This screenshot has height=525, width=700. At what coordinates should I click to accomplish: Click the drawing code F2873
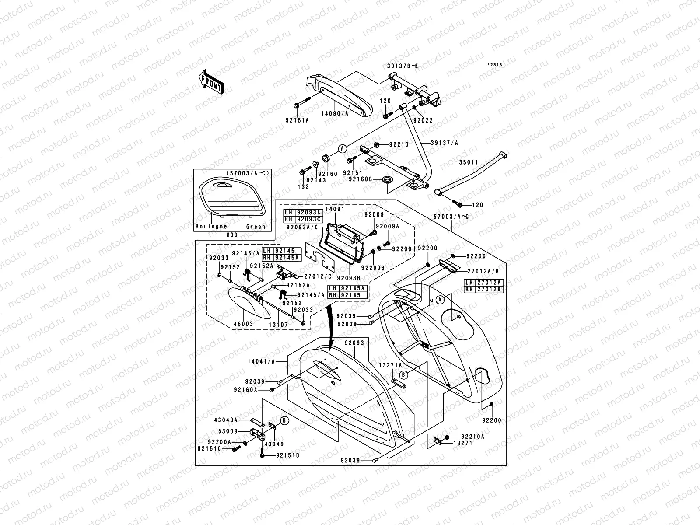pos(495,65)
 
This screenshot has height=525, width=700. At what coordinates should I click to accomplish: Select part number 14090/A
pos(335,114)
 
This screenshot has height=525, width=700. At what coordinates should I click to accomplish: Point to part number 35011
pos(469,162)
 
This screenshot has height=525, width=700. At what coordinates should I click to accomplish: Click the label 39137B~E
pos(402,66)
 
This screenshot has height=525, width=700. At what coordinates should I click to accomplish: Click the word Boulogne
pos(211,226)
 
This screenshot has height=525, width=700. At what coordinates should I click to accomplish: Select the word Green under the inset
pos(256,227)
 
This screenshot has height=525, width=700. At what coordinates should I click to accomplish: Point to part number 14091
pos(335,210)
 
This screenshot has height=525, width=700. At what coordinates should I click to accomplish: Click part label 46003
pos(243,325)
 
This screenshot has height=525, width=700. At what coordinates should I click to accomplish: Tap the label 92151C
pos(221,449)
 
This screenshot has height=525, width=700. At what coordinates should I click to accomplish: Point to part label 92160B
pos(360,179)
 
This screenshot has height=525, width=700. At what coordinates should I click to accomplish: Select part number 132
pos(303,186)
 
